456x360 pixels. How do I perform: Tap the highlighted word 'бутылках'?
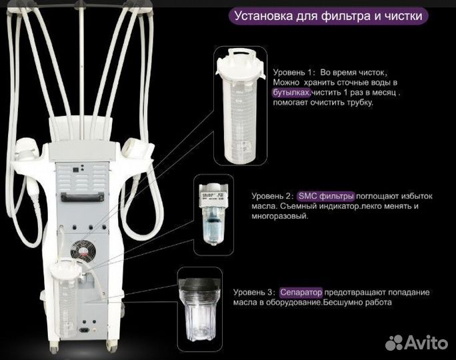point(292,93)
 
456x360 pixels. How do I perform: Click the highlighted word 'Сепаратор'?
point(301,292)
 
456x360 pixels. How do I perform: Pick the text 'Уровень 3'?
point(255,292)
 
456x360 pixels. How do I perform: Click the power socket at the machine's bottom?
point(85,328)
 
